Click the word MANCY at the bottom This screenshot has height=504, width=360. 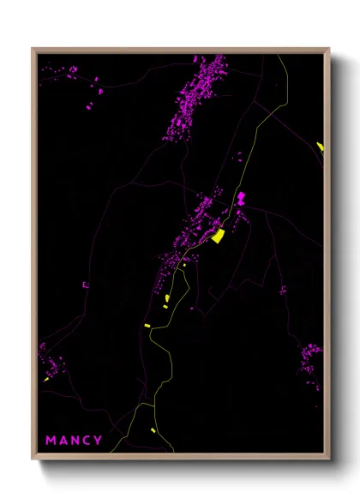74,441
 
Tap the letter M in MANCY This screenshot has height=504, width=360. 51,441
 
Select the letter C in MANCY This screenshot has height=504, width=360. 87,441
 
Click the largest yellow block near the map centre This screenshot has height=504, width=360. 219,235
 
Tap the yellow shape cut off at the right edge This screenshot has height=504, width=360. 321,147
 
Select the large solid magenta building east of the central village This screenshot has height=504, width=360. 241,199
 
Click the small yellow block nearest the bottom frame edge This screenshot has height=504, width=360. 153,430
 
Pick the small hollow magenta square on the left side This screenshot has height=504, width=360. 85,285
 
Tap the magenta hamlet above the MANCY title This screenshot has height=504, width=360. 53,363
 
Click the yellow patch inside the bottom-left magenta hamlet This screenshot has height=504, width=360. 46,378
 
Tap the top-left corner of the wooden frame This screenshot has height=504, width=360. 33,50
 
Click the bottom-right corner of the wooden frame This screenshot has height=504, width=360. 328,458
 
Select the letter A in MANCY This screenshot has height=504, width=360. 62,441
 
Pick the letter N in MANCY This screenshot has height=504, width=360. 75,441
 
